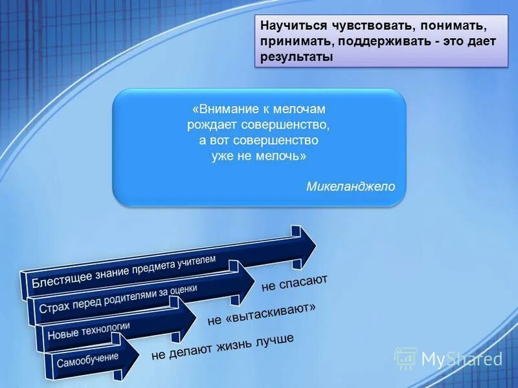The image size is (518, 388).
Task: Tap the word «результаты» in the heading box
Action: pyautogui.click(x=297, y=57)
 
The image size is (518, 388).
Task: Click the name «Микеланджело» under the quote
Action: pyautogui.click(x=350, y=186)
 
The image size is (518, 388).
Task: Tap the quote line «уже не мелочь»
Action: pyautogui.click(x=259, y=156)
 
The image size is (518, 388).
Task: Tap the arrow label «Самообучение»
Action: pyautogui.click(x=87, y=357)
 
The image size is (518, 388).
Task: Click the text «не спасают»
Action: pyautogui.click(x=295, y=283)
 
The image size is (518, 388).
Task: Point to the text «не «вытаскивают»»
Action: pyautogui.click(x=262, y=314)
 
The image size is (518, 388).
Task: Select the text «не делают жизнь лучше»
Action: pyautogui.click(x=223, y=347)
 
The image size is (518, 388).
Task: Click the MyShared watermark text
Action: pyautogui.click(x=462, y=358)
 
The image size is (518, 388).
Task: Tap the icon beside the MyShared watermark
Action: pyautogui.click(x=405, y=358)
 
